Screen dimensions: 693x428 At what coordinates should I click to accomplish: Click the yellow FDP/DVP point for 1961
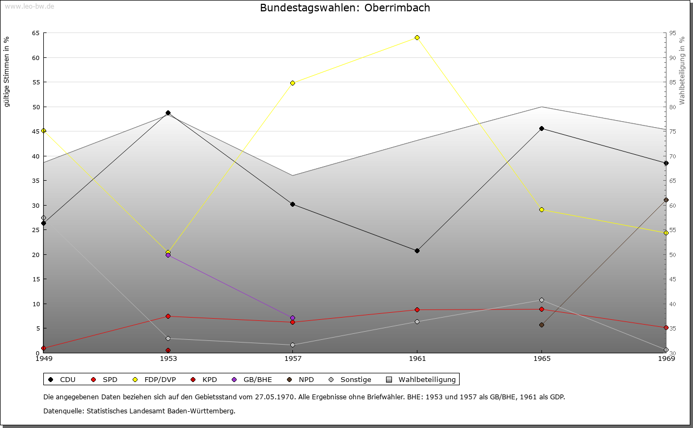[x=417, y=38]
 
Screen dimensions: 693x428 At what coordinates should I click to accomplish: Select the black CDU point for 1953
[x=168, y=113]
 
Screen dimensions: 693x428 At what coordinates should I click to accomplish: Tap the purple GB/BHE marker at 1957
[x=293, y=318]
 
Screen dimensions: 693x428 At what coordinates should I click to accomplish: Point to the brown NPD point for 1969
[x=666, y=200]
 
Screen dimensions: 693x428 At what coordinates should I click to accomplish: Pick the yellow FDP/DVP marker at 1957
[x=293, y=83]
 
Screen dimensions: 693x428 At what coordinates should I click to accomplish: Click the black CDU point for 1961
[x=417, y=251]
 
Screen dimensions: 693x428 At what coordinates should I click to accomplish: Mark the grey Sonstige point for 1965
[x=541, y=300]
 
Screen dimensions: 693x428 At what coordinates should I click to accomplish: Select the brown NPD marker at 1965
[x=541, y=325]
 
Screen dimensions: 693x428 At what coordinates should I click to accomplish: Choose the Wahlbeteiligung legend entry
[x=421, y=379]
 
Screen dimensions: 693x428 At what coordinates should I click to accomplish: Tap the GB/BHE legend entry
[x=252, y=379]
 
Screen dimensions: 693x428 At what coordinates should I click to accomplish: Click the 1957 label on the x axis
[x=293, y=359]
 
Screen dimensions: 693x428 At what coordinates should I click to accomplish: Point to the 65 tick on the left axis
[x=36, y=33]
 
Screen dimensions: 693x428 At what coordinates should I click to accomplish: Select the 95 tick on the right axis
[x=672, y=33]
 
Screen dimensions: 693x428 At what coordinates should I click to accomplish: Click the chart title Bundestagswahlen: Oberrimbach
[x=345, y=8]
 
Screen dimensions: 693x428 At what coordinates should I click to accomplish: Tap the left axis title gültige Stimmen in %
[x=6, y=72]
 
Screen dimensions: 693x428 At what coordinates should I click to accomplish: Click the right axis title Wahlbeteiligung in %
[x=682, y=70]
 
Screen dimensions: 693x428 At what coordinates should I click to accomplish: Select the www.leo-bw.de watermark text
[x=29, y=6]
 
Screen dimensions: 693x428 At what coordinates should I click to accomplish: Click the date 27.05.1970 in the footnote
[x=274, y=397]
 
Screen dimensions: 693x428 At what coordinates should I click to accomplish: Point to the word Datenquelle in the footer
[x=64, y=411]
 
